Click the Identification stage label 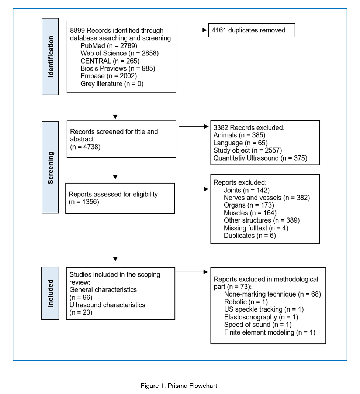51,56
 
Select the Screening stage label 51,168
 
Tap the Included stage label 51,293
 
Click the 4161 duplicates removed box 252,30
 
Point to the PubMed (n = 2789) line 109,46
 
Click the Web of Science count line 120,53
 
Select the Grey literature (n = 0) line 112,84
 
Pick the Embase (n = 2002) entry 109,76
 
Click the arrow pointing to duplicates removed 192,30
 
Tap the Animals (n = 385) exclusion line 239,135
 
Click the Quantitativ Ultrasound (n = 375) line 260,158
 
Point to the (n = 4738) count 85,147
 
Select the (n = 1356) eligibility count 84,202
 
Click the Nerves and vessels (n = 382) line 267,198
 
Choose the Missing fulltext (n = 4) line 256,228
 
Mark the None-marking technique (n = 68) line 273,294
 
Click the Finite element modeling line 270,332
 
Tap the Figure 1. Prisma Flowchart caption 179,386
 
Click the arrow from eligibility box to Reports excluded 192,189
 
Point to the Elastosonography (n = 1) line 261,317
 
